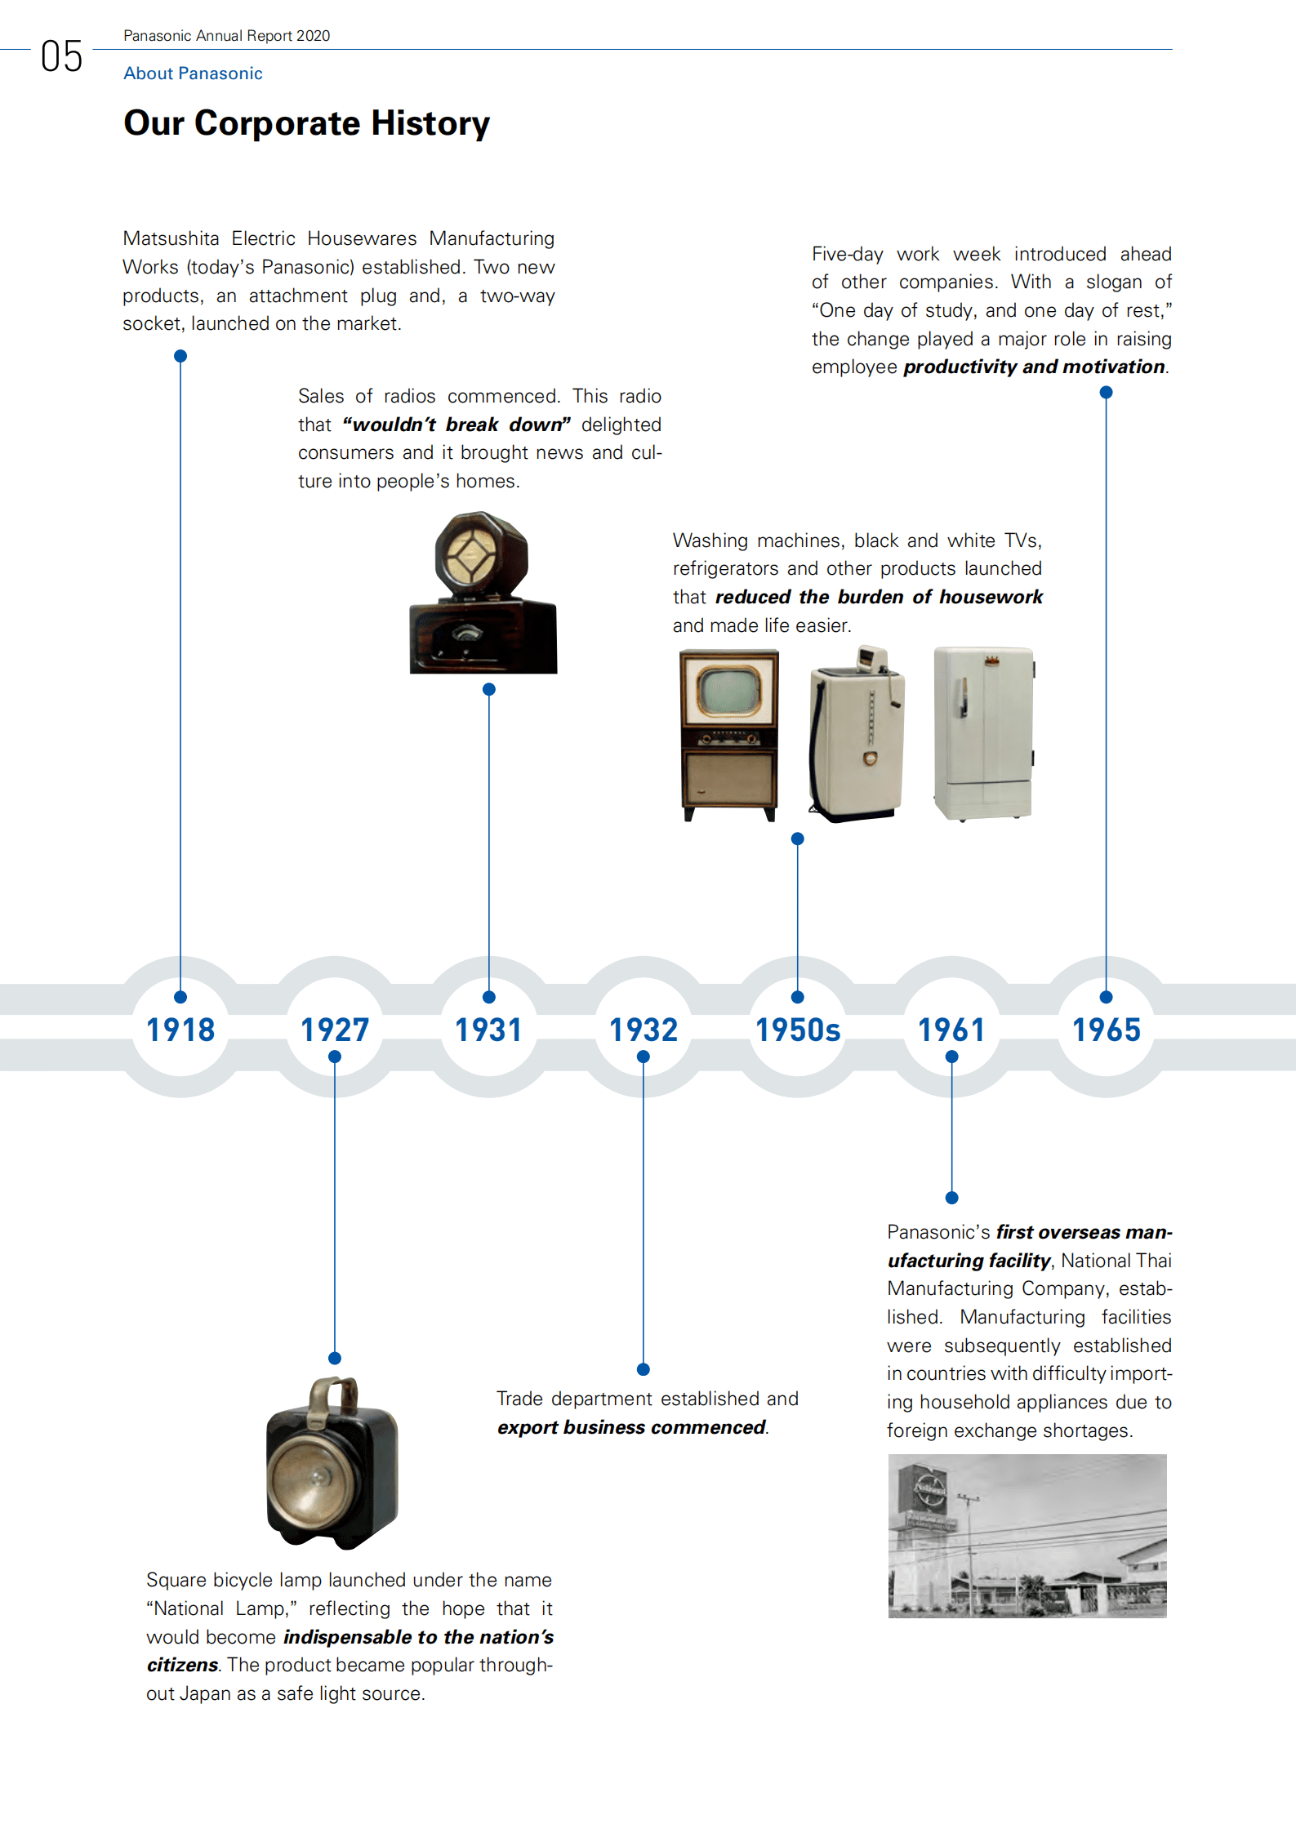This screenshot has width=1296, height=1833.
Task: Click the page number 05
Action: (61, 56)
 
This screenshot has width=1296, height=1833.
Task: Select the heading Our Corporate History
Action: (306, 123)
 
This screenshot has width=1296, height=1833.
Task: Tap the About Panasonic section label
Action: (193, 73)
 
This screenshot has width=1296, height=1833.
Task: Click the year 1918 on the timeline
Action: (180, 1030)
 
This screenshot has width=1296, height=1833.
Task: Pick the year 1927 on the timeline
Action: (335, 1030)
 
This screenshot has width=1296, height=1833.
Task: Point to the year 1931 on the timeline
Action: (488, 1030)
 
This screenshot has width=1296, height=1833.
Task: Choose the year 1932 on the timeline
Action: (644, 1030)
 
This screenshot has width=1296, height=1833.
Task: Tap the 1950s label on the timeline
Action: (798, 1030)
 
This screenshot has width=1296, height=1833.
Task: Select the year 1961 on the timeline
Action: (951, 1030)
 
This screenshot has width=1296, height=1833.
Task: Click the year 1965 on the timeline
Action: (1106, 1030)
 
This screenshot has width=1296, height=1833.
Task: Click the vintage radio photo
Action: (483, 594)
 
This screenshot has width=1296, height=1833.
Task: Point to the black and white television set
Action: (729, 733)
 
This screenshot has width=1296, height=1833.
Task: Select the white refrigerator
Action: (984, 733)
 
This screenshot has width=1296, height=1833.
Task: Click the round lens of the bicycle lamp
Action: (311, 1475)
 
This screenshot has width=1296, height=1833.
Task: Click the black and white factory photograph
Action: (1027, 1535)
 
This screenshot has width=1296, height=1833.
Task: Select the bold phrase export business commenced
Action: (631, 1427)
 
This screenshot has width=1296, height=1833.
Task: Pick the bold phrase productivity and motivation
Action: (1034, 367)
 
